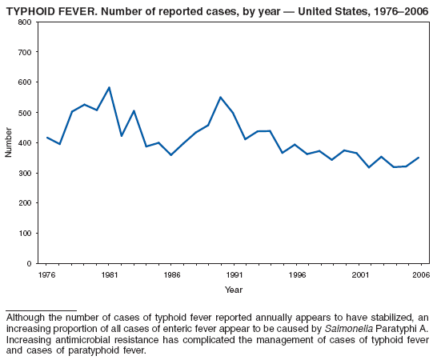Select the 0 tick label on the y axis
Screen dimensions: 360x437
coord(28,263)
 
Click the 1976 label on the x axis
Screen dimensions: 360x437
coord(46,274)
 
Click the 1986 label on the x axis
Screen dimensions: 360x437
coord(171,274)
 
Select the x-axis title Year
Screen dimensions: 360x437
coord(234,289)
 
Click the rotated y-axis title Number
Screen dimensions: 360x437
coord(9,142)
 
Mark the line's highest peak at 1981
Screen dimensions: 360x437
coord(109,87)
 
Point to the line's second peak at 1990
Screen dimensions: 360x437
coord(221,97)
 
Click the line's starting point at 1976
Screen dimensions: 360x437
coord(46,138)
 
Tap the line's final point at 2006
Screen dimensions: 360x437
coord(419,158)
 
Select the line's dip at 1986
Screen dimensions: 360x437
coord(171,155)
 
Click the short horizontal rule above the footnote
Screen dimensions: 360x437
coord(41,310)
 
